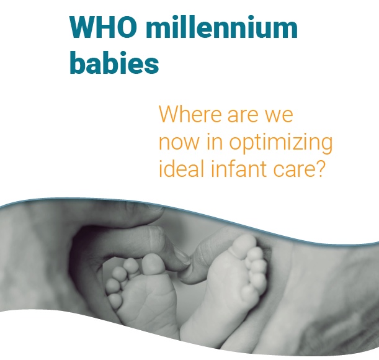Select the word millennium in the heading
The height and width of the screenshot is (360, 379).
point(221,27)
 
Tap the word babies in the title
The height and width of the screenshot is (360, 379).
point(114,62)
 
